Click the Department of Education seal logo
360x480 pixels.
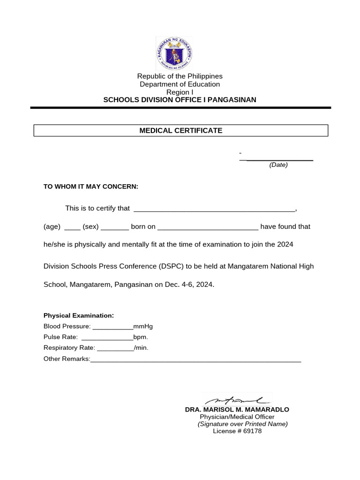(x=174, y=53)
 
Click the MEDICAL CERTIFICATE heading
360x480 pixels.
(x=180, y=130)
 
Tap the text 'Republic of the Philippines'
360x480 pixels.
(x=180, y=76)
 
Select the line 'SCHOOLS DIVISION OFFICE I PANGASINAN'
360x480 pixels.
(x=180, y=100)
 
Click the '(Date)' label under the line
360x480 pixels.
(x=278, y=165)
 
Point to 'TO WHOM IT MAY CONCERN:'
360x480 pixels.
(x=91, y=187)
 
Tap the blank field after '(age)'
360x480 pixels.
(x=72, y=227)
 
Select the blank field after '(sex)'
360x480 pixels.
(x=114, y=227)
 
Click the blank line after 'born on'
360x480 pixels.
(x=208, y=227)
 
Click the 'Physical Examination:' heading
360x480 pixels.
(x=79, y=315)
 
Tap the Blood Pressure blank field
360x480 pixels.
(x=112, y=327)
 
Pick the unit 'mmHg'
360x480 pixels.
(x=143, y=326)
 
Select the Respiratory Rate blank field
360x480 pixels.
(x=115, y=348)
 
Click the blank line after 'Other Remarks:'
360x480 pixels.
(x=195, y=360)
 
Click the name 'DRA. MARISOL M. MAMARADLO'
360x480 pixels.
(x=237, y=410)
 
